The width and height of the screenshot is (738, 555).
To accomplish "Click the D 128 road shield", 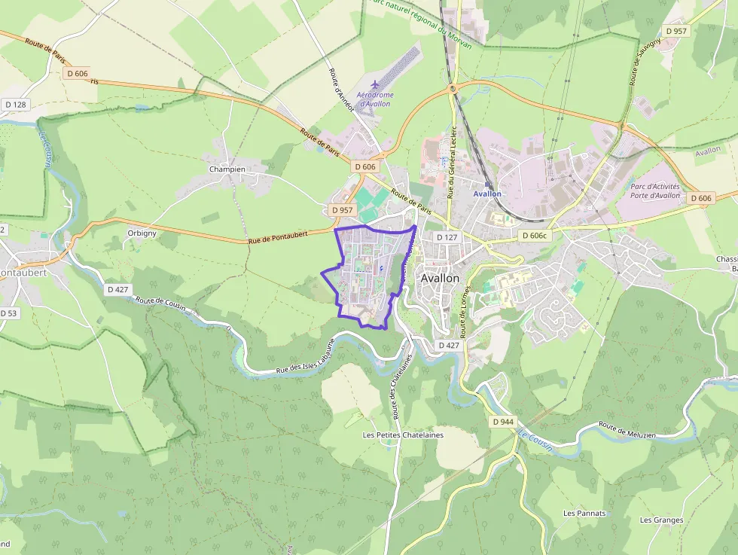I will [x=15, y=105].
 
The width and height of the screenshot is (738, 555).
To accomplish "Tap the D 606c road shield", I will [x=537, y=236].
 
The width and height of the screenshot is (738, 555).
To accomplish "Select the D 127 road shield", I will [x=447, y=237].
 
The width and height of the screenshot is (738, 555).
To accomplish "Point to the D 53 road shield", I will [x=8, y=313].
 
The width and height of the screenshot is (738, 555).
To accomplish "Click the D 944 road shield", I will [x=502, y=422].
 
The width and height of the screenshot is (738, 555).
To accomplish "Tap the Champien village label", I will [x=227, y=169].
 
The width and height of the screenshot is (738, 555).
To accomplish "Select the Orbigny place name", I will [x=142, y=233].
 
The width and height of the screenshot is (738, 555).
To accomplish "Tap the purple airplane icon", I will [x=376, y=84].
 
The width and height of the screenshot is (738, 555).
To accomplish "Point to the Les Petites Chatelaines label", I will [x=403, y=435].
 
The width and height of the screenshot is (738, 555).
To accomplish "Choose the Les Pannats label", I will [x=584, y=514].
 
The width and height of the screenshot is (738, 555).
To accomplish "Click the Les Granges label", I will [x=661, y=520].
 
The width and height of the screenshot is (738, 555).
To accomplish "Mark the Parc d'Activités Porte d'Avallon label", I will [x=654, y=191].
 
